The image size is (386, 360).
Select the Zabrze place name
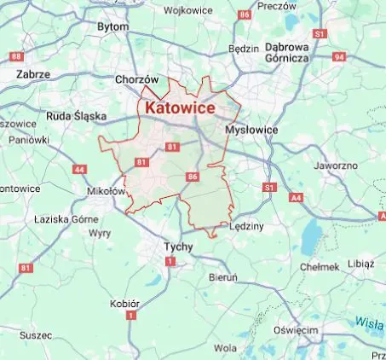pos(33,74)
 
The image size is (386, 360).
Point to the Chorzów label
pos(137,79)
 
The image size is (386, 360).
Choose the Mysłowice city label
pos(251,129)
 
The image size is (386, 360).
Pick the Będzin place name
pos(244,49)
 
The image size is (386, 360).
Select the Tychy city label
pos(178,247)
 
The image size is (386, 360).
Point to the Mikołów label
pos(107,192)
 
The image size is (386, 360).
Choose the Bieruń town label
pos(223,277)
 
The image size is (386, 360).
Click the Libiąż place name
pos(360,264)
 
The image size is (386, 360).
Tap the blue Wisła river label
pos(369,322)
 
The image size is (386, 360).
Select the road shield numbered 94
pos(339,56)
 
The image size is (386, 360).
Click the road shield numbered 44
pos(79,169)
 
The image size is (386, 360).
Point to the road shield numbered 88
pos(16,56)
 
